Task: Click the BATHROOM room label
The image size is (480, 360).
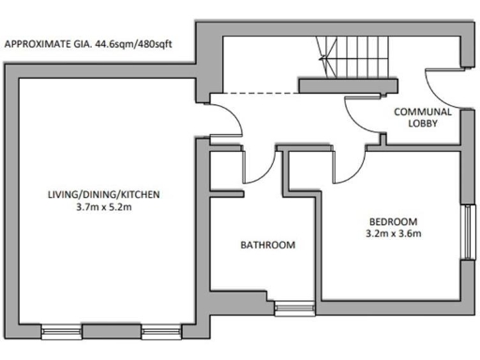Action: [x=268, y=246]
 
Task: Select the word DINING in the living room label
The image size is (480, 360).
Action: [x=104, y=194]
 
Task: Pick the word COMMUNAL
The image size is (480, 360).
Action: [x=424, y=112]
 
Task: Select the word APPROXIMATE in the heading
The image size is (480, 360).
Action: [x=38, y=44]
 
